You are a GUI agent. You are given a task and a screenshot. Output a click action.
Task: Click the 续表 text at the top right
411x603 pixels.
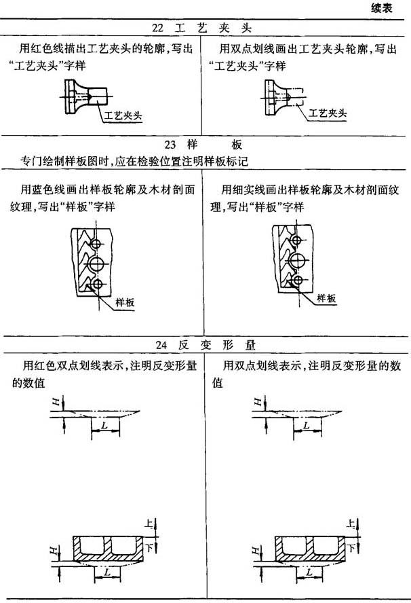coord(382,8)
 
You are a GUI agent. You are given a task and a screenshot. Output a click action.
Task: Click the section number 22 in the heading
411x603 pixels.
coord(157,28)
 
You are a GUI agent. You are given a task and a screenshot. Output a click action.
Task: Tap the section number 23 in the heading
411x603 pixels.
coord(170,145)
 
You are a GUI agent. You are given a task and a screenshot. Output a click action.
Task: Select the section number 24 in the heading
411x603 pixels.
coord(161,345)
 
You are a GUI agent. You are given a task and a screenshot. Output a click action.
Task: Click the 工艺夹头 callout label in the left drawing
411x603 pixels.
coord(123,115)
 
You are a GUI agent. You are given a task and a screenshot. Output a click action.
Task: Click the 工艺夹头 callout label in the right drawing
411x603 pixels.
coord(328,113)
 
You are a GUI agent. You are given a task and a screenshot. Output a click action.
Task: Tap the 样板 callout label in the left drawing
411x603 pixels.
coord(125,302)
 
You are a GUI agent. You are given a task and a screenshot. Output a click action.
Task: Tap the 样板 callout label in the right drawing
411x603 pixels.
coord(326,298)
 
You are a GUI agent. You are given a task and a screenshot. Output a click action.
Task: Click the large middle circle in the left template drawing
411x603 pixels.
coord(89,264)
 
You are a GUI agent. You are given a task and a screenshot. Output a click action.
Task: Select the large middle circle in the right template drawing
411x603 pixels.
coord(290,260)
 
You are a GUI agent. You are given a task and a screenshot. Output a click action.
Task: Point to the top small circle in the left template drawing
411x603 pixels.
coord(91,244)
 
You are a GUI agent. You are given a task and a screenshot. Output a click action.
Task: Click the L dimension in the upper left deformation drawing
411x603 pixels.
coord(104,425)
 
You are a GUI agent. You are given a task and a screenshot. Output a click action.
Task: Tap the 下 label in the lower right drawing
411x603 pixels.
coord(351,547)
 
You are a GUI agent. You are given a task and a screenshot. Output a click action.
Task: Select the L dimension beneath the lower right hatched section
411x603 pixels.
coord(309,572)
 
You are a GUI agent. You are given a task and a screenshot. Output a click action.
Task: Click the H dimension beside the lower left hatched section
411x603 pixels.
coord(54,551)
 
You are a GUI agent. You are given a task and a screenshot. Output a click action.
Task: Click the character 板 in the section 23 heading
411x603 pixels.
coord(237,145)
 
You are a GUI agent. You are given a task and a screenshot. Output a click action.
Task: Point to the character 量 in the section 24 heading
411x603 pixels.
coord(250,345)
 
